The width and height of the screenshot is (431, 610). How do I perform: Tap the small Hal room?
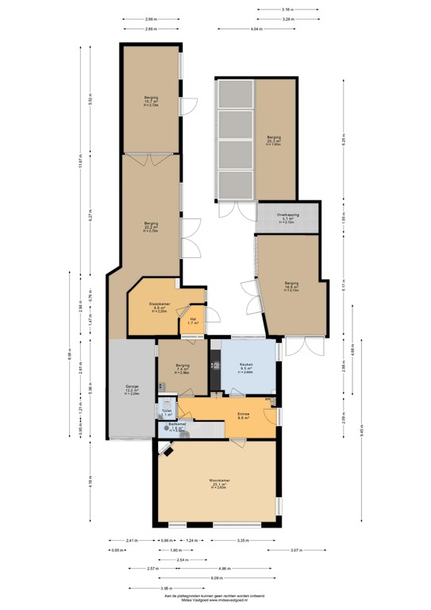click(192, 320)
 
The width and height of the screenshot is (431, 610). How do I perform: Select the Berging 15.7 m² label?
click(150, 102)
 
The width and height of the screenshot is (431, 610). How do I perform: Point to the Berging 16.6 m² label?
click(291, 286)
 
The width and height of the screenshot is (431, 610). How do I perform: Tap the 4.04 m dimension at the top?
click(255, 29)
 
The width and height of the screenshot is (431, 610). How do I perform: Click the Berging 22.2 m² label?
click(151, 225)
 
